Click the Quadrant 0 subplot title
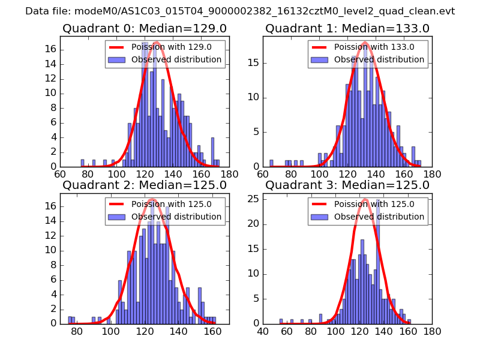[x=145, y=28]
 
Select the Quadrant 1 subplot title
[x=347, y=28]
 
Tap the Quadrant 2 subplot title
[x=145, y=185]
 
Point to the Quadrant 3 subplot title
[x=347, y=185]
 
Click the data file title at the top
[x=240, y=11]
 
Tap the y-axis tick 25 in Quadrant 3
[x=253, y=199]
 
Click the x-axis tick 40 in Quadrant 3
[x=263, y=331]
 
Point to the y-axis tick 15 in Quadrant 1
[x=253, y=63]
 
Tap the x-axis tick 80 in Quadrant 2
[x=77, y=331]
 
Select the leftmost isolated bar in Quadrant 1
[x=271, y=163]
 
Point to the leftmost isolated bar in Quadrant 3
[x=281, y=321]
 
